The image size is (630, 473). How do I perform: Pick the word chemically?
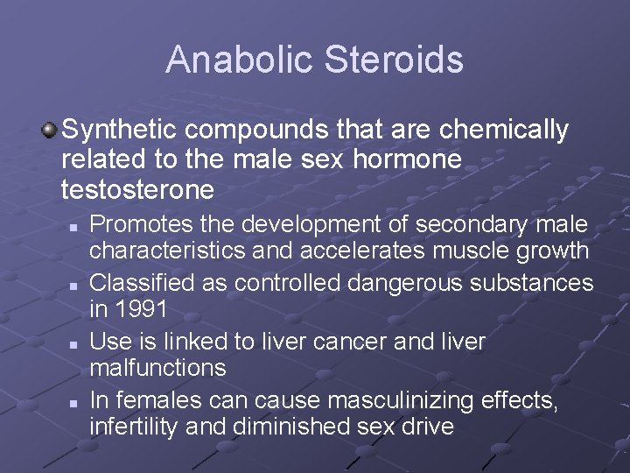(x=504, y=131)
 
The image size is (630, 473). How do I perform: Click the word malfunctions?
(x=157, y=369)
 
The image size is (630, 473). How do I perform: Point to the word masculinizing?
(x=402, y=400)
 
